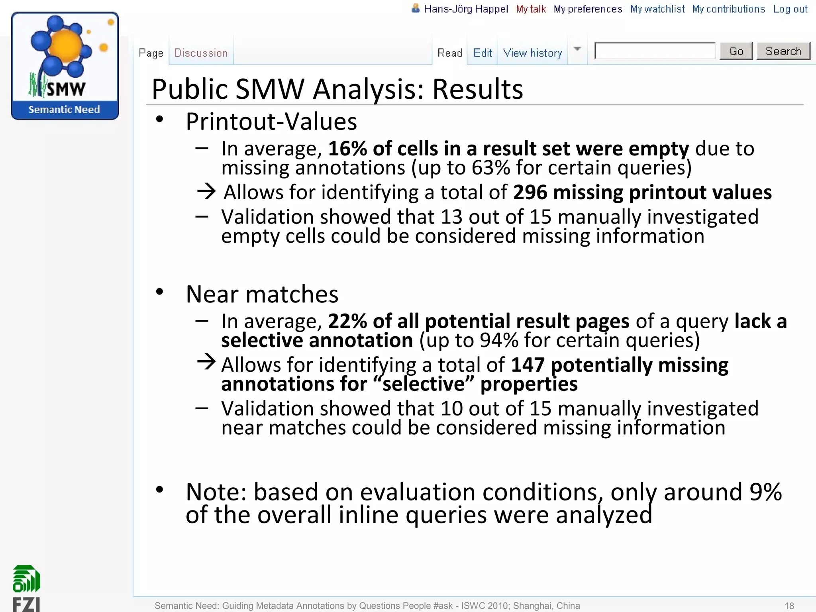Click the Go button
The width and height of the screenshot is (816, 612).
[736, 51]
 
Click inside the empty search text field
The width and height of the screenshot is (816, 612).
[655, 51]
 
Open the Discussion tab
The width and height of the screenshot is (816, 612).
[201, 53]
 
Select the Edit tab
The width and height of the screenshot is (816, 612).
[483, 53]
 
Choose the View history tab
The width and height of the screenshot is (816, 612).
[532, 53]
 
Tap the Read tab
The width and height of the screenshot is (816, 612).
[449, 53]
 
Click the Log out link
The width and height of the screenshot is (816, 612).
[790, 9]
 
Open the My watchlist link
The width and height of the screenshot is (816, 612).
[657, 9]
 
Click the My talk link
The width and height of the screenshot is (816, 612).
[531, 9]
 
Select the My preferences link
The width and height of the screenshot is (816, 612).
[588, 9]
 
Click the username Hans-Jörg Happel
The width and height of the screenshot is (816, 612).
[466, 9]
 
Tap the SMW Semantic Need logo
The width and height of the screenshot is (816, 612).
[65, 66]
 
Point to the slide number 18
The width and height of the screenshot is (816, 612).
[789, 606]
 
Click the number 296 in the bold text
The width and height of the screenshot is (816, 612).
[530, 192]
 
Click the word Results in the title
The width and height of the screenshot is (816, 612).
[477, 89]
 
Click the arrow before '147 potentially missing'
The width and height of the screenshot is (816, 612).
[206, 362]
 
